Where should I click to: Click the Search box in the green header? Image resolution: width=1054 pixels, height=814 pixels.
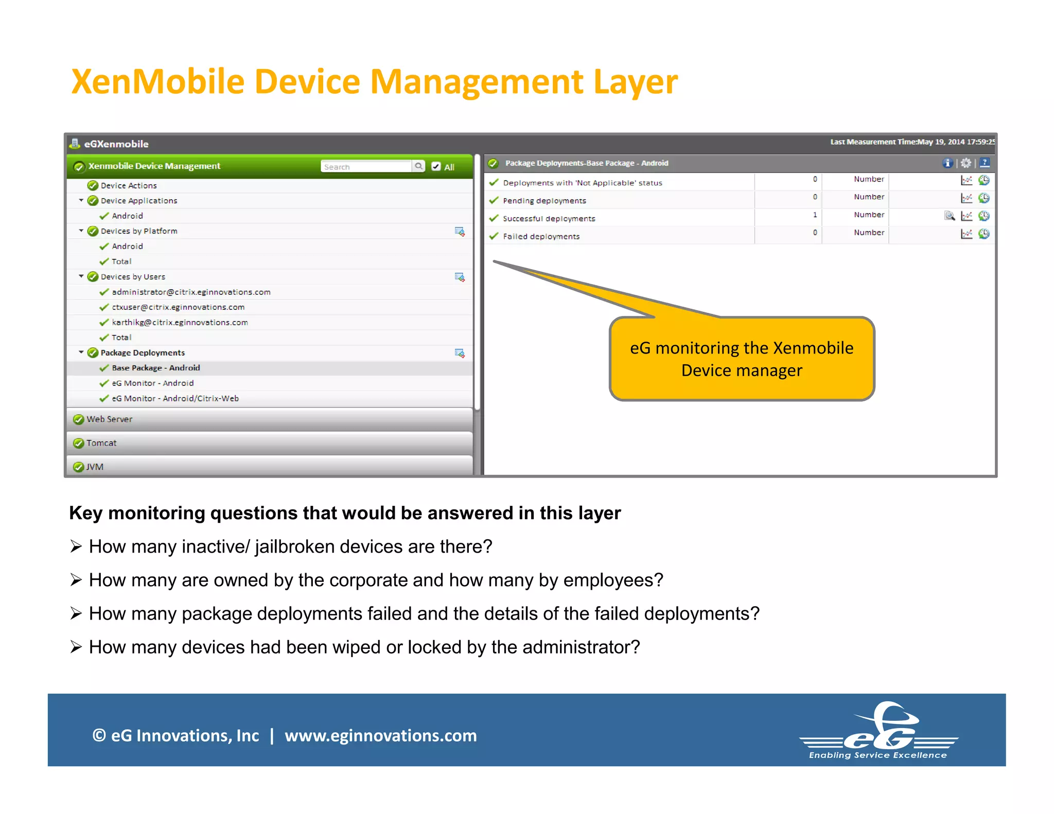[366, 167]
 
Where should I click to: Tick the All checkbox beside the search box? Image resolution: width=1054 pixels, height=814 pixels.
[436, 166]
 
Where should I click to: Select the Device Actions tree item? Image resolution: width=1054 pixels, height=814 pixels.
[129, 185]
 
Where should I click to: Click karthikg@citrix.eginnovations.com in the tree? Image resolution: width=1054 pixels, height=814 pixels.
[180, 323]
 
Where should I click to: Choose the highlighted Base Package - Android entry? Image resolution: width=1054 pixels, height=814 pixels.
[156, 368]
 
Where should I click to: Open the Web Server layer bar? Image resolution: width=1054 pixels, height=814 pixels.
[110, 419]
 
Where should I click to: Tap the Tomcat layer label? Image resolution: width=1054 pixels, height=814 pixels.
[101, 443]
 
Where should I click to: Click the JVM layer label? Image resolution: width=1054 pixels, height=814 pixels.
[95, 467]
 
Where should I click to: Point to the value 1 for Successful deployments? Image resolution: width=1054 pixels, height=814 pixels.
[815, 215]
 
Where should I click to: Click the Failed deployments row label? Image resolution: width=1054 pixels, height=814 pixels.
[541, 237]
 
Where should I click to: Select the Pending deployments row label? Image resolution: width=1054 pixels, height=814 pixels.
[544, 201]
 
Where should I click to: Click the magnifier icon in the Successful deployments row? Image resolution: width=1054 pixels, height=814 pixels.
[950, 216]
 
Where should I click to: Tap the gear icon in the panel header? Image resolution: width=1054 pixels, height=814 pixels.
[966, 163]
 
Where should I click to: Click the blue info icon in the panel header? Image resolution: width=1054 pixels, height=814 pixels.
[947, 163]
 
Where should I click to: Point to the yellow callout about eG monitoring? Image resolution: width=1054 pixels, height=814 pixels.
[742, 359]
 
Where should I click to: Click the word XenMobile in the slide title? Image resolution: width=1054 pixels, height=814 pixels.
[157, 82]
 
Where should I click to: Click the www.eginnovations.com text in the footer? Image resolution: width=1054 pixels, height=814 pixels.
[381, 736]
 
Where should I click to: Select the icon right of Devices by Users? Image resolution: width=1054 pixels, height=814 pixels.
[460, 277]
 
